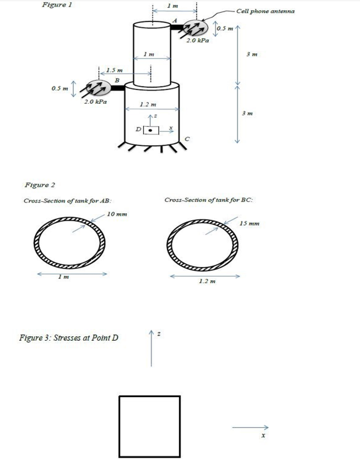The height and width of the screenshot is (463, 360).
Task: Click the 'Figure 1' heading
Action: [x=57, y=5]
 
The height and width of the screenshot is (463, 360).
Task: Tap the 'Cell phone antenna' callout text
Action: [x=265, y=11]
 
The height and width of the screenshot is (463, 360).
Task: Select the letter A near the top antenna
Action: [x=175, y=20]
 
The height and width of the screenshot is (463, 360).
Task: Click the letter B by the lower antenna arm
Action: [x=117, y=80]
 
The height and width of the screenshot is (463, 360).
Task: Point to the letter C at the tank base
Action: [x=187, y=139]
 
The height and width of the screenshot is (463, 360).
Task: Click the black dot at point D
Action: [x=150, y=130]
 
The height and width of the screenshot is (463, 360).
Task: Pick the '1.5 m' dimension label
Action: [x=114, y=70]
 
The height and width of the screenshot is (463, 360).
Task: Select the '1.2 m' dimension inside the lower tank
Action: [x=148, y=104]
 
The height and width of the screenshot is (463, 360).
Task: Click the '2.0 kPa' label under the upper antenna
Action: [x=197, y=40]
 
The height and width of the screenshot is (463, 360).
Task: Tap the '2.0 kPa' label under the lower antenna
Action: [x=95, y=101]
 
